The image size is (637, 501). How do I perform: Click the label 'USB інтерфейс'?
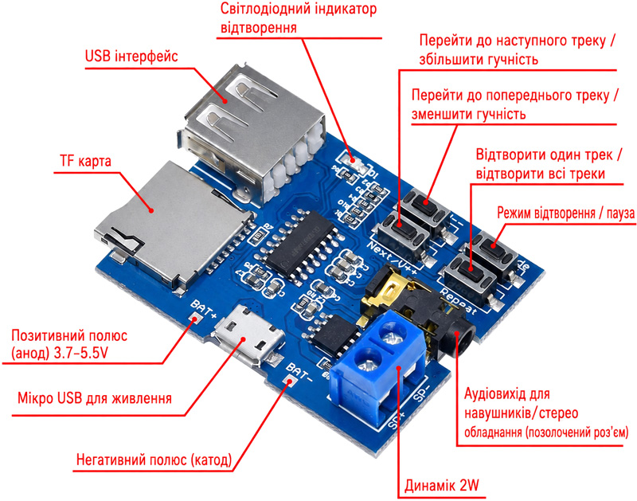pos(131,56)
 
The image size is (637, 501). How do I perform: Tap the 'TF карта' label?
pos(85,161)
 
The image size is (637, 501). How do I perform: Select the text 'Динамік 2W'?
pos(442,485)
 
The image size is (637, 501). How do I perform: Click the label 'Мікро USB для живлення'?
pos(95,397)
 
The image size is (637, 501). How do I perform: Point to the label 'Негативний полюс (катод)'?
pos(154,460)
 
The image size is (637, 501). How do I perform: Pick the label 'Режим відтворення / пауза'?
pos(566,213)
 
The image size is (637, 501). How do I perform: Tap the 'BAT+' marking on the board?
pos(204,309)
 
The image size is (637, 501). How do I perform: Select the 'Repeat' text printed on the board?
pos(458,302)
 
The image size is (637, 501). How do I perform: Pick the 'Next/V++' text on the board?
pos(392,257)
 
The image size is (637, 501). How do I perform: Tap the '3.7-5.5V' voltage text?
pos(81,353)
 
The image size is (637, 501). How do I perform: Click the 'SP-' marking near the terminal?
pos(420,391)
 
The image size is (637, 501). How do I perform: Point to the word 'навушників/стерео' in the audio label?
pos(522,413)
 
